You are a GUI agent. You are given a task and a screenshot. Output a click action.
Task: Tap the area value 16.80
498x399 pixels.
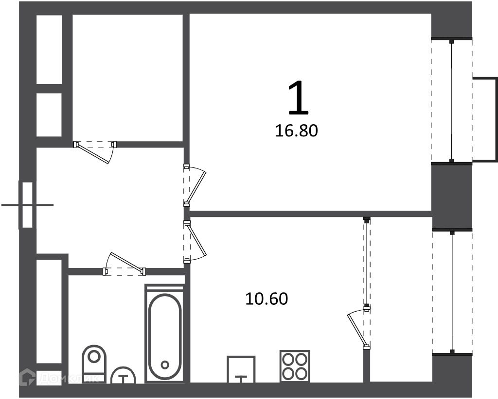tap(296, 131)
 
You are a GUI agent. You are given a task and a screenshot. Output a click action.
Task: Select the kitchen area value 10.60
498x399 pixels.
tap(267, 299)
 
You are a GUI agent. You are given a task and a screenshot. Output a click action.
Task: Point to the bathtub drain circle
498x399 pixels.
tap(164, 365)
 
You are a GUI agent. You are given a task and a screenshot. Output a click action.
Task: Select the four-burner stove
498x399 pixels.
tap(295, 366)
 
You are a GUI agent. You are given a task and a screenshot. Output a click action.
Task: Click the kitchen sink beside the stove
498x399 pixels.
tap(241, 369)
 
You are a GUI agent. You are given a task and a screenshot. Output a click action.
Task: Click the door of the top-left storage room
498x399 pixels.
tap(95, 151)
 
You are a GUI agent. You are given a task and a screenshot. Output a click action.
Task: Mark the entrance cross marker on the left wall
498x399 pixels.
tap(27, 205)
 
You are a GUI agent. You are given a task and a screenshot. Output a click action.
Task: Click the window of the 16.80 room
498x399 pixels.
tap(452, 101)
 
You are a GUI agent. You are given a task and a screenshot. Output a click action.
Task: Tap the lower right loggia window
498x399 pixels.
tap(452, 292)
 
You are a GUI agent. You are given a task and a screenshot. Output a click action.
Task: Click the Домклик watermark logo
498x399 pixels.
tap(59, 377)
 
